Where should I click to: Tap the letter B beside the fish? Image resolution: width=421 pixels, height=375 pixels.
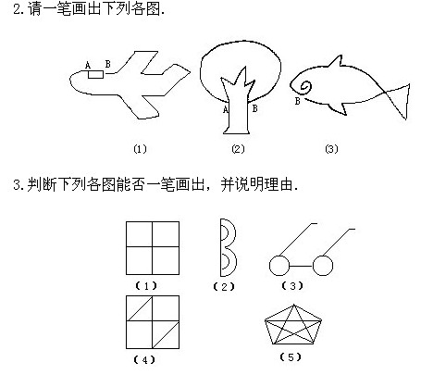click(x=296, y=101)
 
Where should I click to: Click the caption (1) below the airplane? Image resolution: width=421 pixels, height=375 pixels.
click(x=140, y=148)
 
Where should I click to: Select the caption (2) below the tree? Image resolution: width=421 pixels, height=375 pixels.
click(x=238, y=148)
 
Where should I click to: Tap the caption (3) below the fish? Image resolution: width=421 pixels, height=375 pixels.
click(x=330, y=148)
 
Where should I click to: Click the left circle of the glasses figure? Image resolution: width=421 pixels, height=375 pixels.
click(x=278, y=267)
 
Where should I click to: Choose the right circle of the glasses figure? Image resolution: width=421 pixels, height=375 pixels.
click(x=322, y=267)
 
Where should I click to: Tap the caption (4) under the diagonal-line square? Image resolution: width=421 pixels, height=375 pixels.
click(x=147, y=358)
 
